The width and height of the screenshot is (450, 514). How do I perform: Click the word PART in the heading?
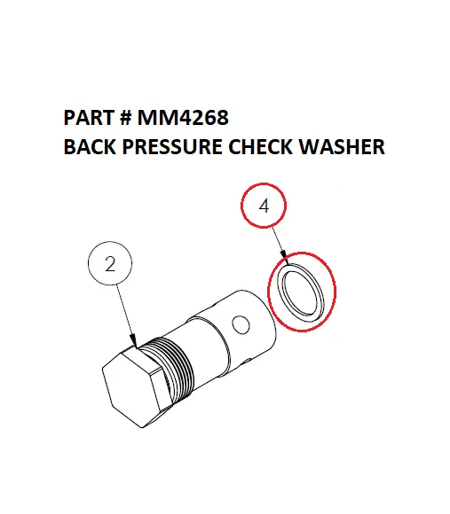(x=88, y=118)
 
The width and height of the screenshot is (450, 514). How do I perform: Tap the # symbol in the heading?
(x=125, y=118)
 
